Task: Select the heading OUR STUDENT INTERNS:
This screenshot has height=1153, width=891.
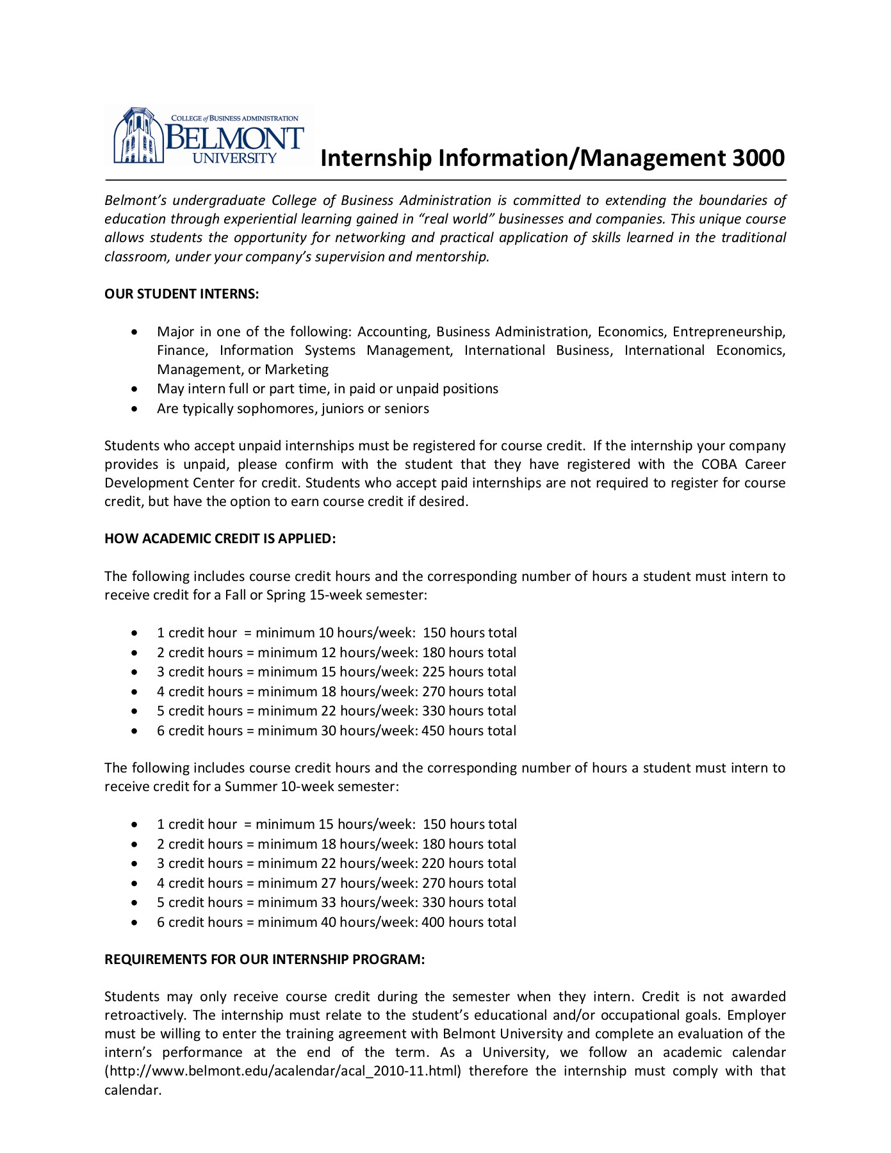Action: [x=181, y=294]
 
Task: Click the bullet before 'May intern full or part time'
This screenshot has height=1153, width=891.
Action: [x=134, y=389]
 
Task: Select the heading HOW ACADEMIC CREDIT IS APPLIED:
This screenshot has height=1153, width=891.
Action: [x=220, y=539]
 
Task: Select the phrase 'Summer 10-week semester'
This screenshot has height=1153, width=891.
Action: [x=311, y=787]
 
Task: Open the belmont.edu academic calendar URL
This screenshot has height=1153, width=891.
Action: [x=282, y=1071]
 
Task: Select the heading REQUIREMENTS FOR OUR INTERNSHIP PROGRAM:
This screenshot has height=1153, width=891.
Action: [x=265, y=960]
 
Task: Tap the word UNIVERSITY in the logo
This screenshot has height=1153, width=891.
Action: [x=234, y=158]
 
